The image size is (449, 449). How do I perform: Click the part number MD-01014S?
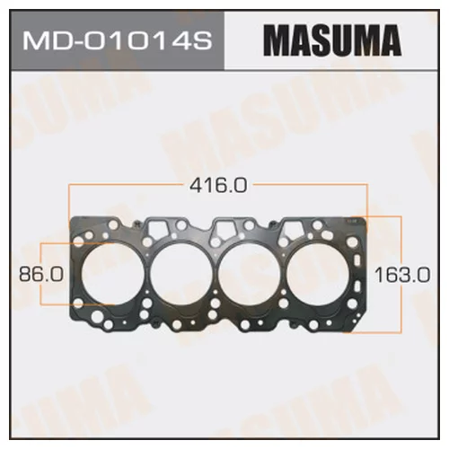click(x=118, y=41)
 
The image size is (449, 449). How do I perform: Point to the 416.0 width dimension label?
click(x=218, y=185)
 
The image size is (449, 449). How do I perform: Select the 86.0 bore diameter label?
click(x=41, y=274)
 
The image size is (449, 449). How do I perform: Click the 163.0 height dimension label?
click(x=402, y=275)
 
